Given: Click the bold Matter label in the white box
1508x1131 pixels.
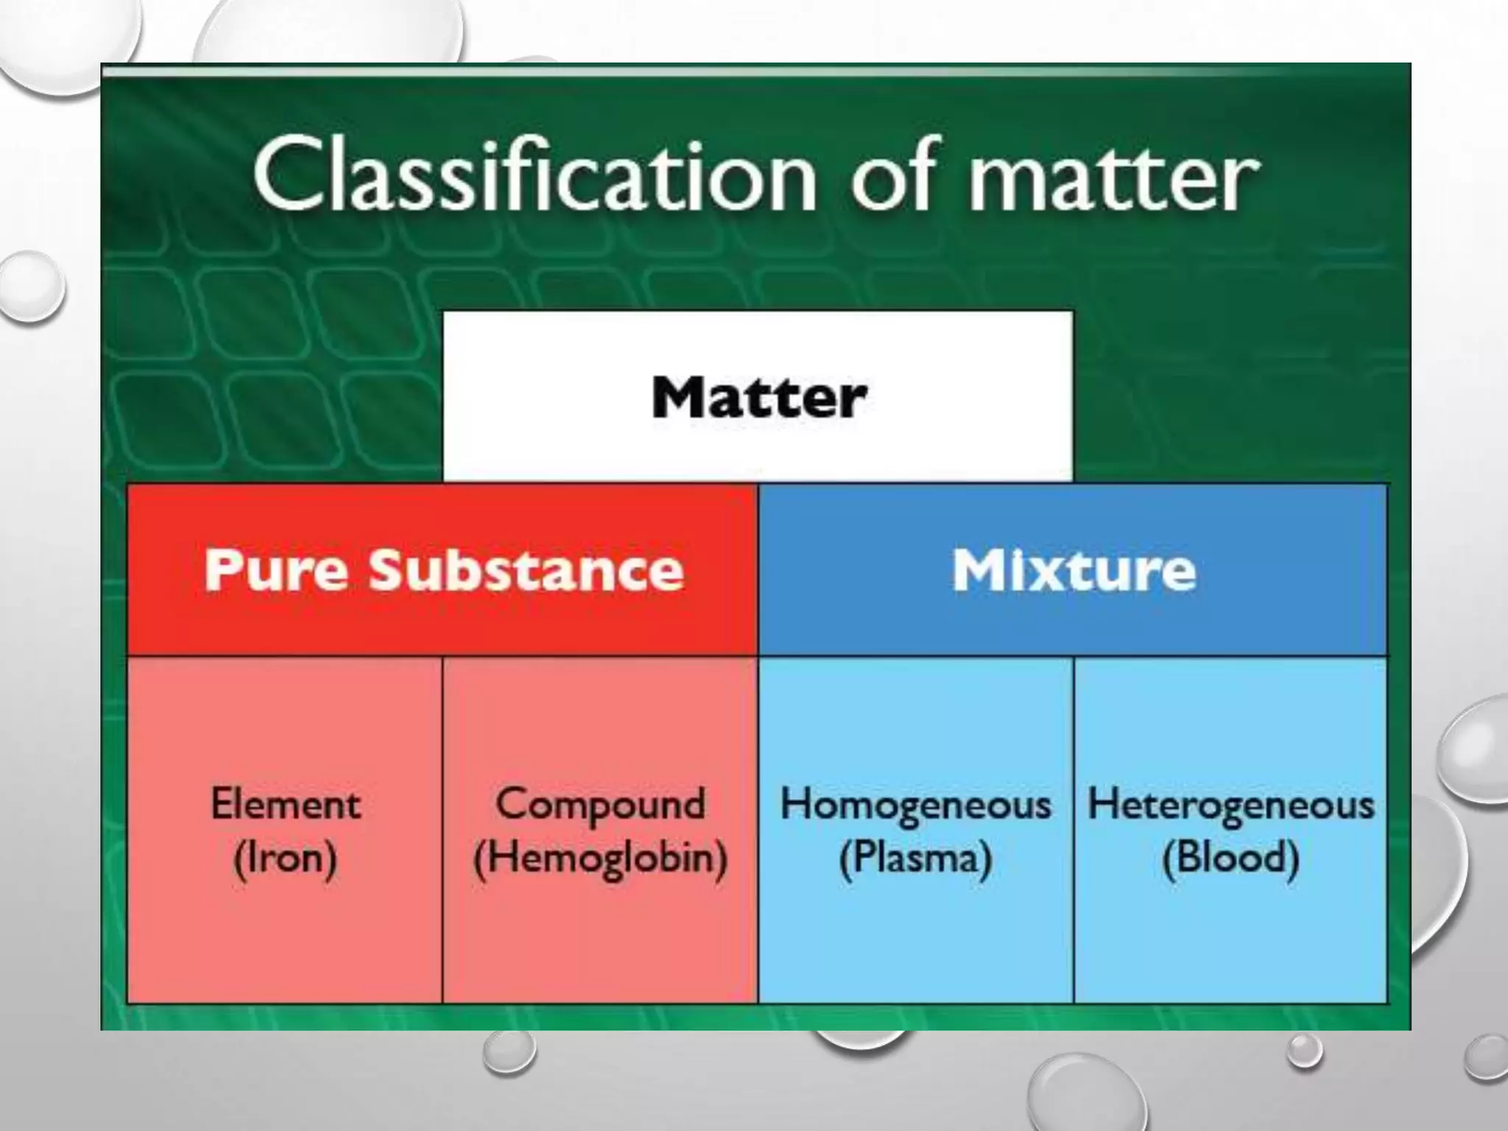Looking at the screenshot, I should point(758,398).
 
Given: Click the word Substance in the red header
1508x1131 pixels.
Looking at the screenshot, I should point(526,571).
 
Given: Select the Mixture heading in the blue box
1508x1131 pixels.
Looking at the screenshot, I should point(1074,571).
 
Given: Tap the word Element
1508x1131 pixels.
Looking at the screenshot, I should point(286,804).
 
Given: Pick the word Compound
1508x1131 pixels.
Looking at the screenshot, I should point(600,804).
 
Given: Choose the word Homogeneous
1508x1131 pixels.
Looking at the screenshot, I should point(915,804).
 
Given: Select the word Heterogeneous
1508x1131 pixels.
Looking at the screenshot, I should point(1230,804).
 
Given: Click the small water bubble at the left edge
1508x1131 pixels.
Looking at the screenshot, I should point(31,286).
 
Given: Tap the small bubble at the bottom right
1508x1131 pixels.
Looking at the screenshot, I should point(1304,1051).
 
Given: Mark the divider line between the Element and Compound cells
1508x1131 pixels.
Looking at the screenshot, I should point(443,830).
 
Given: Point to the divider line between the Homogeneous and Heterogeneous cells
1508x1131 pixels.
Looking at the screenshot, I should point(1074,830).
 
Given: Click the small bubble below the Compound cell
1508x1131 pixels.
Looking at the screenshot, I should point(509,1051).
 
